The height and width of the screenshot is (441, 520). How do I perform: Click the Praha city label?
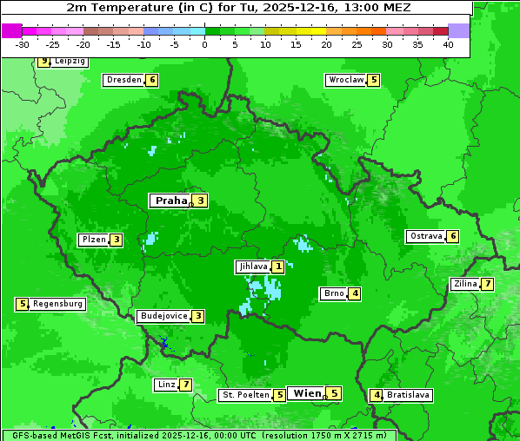[170, 201]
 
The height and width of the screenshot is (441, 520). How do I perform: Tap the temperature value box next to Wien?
[334, 393]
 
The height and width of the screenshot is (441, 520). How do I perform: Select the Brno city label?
[333, 293]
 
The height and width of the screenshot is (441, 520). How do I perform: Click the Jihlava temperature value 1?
[277, 267]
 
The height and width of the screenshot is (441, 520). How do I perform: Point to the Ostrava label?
[425, 236]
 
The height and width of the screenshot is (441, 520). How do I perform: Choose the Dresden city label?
[123, 80]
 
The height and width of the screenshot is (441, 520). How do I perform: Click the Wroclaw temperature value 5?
[374, 80]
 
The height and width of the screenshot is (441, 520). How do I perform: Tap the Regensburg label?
[58, 304]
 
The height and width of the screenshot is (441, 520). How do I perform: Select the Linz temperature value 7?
[185, 385]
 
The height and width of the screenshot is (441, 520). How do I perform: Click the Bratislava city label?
[408, 395]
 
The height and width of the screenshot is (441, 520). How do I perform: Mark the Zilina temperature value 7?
[488, 284]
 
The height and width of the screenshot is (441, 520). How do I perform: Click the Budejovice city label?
[163, 316]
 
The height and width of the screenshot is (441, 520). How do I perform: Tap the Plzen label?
[93, 240]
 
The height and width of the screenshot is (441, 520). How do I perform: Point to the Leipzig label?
[70, 62]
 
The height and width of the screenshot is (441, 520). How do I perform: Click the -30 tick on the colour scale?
[23, 44]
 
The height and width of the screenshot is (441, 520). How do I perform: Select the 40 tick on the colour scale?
[448, 44]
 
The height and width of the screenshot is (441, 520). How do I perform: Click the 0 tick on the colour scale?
[204, 44]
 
